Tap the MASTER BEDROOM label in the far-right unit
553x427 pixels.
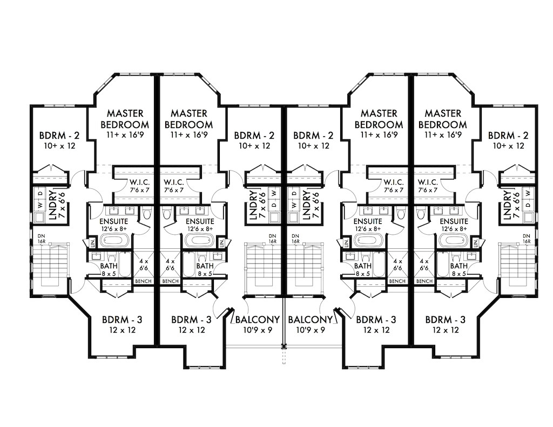pyautogui.click(x=443, y=119)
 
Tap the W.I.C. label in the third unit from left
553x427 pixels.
pyautogui.click(x=387, y=181)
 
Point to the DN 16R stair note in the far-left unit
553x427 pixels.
pyautogui.click(x=42, y=239)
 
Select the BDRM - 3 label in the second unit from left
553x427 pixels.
pyautogui.click(x=191, y=319)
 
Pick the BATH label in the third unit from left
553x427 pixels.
pyautogui.click(x=362, y=266)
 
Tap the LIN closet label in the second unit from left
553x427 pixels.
pyautogui.click(x=221, y=243)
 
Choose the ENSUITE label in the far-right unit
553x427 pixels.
pyautogui.click(x=454, y=221)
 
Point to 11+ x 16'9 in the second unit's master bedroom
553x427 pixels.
pyautogui.click(x=191, y=135)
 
